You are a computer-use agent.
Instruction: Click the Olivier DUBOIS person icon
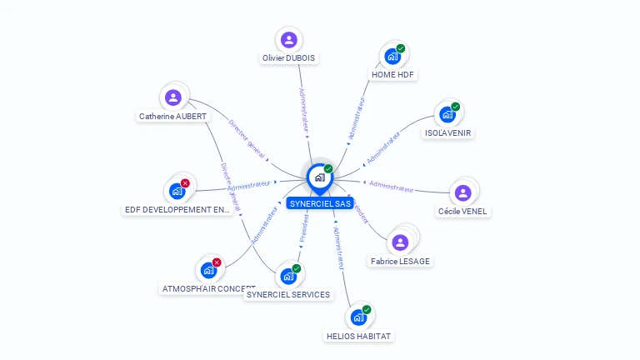point(289,39)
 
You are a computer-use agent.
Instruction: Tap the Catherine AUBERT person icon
point(173,97)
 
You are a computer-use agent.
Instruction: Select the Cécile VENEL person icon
point(463,192)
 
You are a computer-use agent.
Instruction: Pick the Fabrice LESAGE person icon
point(401,242)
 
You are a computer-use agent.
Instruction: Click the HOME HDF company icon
point(392,57)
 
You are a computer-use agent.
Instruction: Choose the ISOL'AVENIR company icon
point(447,114)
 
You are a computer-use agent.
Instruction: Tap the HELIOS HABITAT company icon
point(358,317)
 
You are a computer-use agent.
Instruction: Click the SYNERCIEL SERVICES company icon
point(288,276)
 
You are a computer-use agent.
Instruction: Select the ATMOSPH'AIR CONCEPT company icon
point(208,271)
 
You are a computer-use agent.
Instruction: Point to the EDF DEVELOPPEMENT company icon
point(177,191)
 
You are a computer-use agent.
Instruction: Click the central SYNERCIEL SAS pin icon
point(319,177)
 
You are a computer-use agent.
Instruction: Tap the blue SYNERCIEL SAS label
point(320,203)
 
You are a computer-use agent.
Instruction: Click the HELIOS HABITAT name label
point(358,336)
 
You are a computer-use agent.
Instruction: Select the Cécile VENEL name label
point(463,211)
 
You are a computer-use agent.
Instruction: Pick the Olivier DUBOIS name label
point(289,58)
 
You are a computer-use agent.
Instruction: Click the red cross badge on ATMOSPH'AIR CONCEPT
point(217,262)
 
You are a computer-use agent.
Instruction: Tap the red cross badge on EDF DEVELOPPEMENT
point(185,183)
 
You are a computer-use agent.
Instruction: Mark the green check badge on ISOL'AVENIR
point(456,107)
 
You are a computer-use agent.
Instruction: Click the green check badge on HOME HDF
point(401,49)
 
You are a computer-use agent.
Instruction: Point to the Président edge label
point(304,228)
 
